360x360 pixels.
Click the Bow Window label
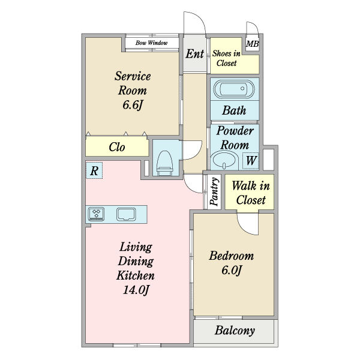(152, 43)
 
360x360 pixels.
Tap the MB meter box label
(253, 44)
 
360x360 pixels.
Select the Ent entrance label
(194, 54)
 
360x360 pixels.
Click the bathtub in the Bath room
(234, 89)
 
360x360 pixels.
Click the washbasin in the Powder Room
(224, 160)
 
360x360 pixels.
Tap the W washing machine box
(251, 160)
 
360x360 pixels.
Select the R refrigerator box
(94, 170)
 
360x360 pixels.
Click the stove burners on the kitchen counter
(97, 214)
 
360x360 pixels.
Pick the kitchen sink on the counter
(126, 214)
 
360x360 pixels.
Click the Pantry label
(214, 191)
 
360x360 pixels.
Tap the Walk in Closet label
(251, 193)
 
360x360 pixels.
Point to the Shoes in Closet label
(226, 58)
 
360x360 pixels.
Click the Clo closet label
(117, 147)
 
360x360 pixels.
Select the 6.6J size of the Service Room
(133, 105)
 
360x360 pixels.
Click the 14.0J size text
(136, 290)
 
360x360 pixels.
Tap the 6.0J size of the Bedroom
(232, 270)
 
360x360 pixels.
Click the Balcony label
(235, 331)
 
